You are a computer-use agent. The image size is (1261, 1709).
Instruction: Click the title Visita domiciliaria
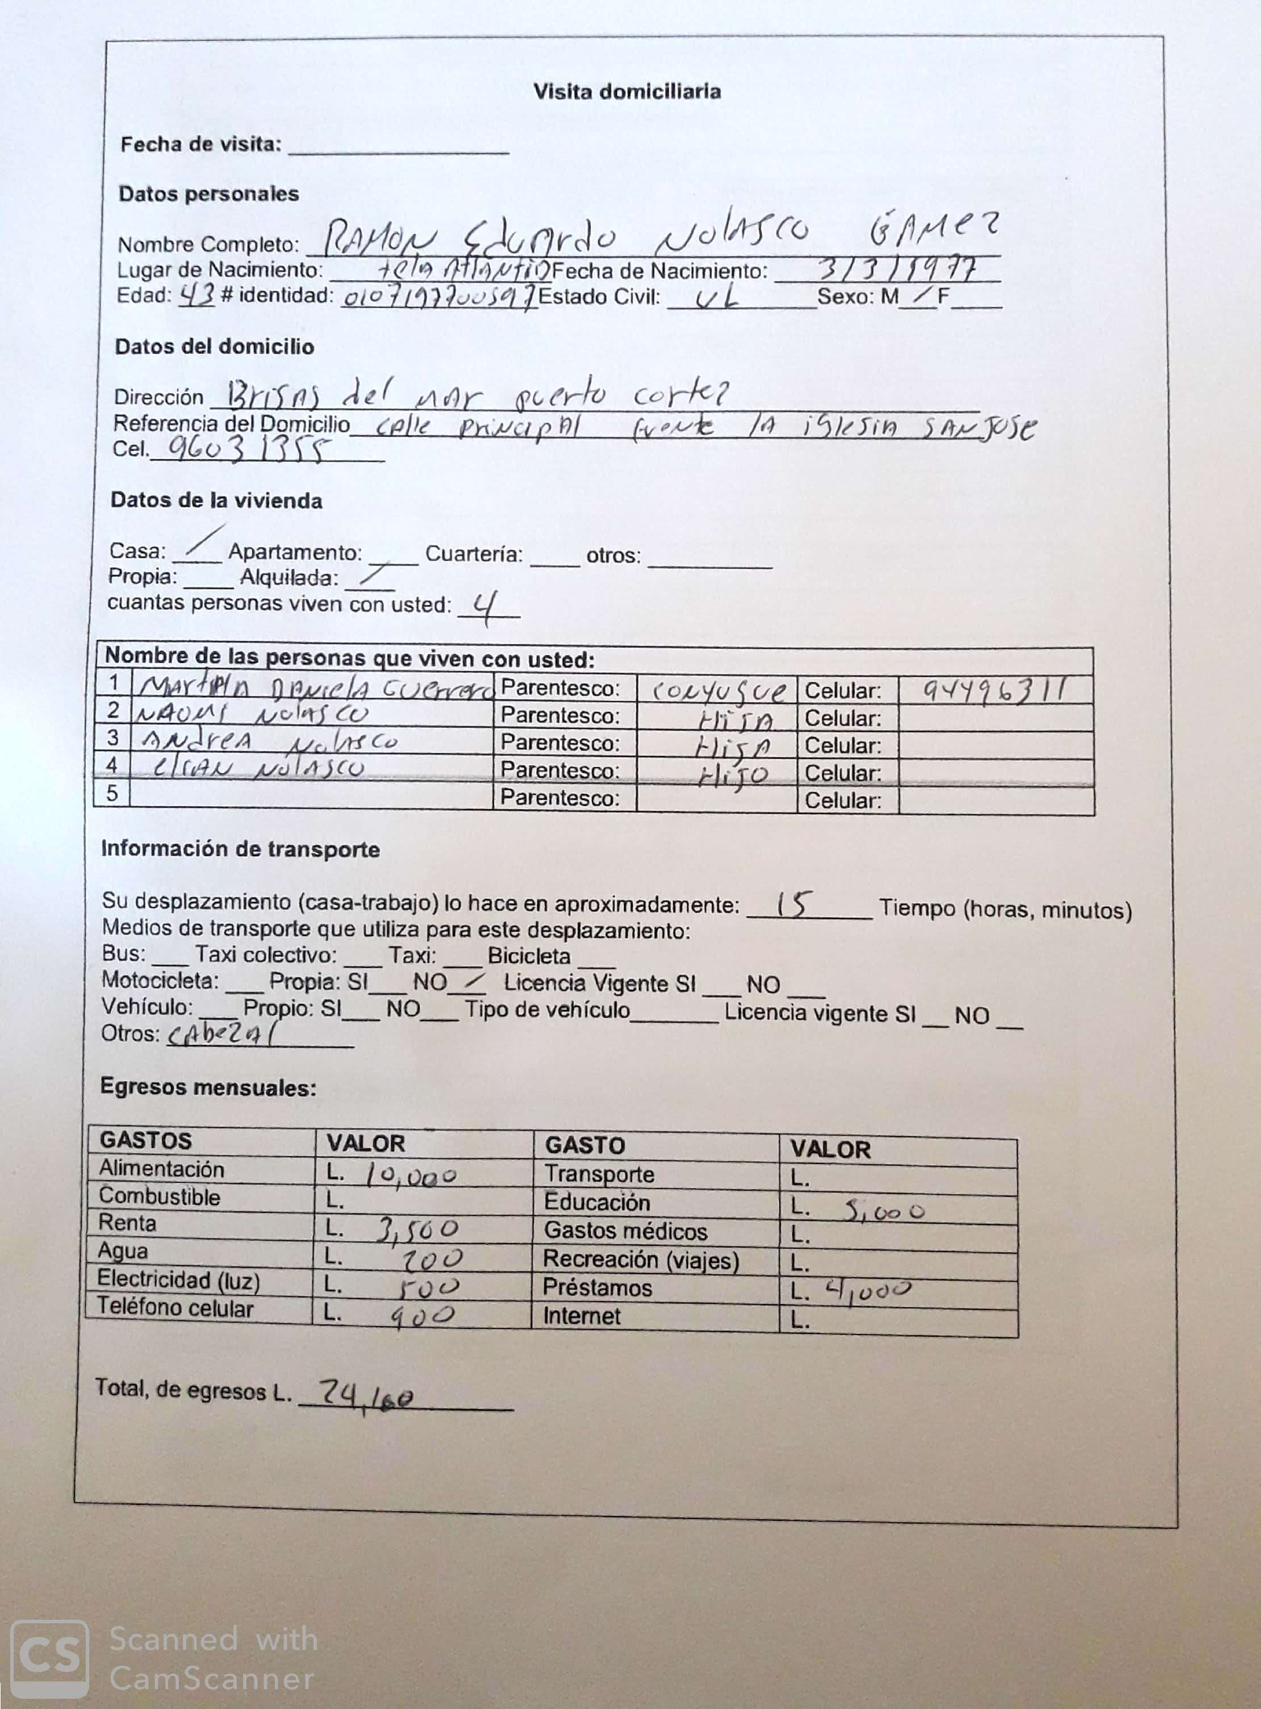point(627,91)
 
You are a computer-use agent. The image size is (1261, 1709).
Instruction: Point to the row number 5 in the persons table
point(112,793)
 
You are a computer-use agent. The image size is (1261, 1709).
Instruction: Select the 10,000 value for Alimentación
point(411,1176)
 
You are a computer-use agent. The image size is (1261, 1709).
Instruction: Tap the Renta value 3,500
point(417,1229)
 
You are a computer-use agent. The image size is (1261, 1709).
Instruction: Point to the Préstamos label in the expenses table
point(597,1287)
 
